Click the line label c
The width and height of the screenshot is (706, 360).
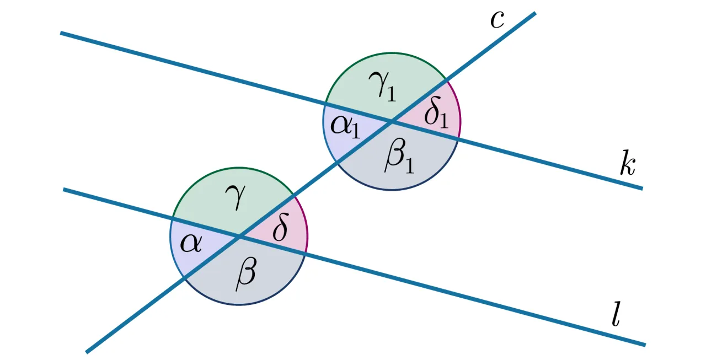coord(498,20)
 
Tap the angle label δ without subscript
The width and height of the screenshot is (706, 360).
coord(280,230)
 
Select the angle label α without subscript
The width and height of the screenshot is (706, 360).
coord(191,243)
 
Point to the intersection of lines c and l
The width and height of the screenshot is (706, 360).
coord(239,237)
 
